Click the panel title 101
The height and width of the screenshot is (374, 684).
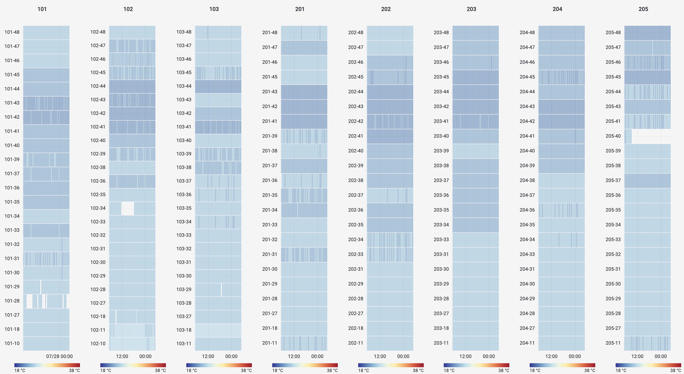coord(42,9)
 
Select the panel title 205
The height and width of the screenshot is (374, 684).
coord(643,9)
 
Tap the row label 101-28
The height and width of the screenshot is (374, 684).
coord(12,301)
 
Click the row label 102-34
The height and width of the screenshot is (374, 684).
coord(98,208)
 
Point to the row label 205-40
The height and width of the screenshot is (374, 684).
coord(613,136)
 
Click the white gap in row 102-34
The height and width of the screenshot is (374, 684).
coord(128,208)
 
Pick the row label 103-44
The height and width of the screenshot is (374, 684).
coord(184,86)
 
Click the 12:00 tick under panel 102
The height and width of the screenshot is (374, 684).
coord(122,356)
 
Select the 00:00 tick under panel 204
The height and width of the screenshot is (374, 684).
coord(575,356)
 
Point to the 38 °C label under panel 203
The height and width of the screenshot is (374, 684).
coord(504,370)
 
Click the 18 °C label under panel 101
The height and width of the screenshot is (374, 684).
coord(20,370)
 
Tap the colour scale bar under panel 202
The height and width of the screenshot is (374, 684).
coord(391,365)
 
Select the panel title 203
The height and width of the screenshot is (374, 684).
coord(471,9)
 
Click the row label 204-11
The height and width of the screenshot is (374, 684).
coord(527,343)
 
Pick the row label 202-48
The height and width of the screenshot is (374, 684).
coord(356,32)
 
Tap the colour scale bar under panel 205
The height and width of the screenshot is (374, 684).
coord(648,365)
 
